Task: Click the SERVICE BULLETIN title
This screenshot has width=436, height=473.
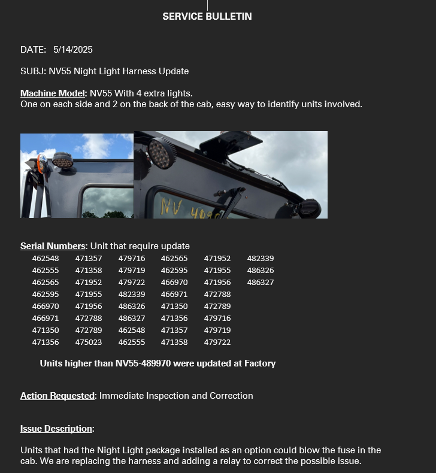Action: click(x=207, y=17)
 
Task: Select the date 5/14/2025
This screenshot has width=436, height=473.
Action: click(x=72, y=50)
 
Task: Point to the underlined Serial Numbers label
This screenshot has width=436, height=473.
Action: click(x=53, y=246)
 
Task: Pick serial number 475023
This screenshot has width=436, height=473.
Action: click(x=89, y=342)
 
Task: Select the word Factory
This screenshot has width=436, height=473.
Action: click(x=260, y=363)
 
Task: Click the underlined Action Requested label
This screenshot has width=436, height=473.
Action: click(x=57, y=396)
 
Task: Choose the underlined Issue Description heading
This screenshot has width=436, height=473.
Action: click(x=56, y=429)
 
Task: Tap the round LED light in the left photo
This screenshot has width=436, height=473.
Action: click(x=62, y=160)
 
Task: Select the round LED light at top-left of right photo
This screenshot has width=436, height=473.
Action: click(x=162, y=153)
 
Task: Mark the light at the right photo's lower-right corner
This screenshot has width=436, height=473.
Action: click(x=310, y=208)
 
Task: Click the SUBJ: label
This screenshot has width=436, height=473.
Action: click(x=33, y=71)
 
